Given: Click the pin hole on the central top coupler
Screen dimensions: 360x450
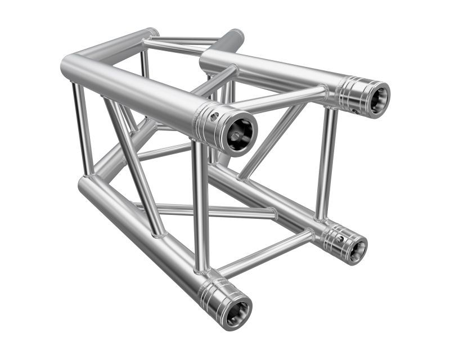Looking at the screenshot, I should coord(214,117).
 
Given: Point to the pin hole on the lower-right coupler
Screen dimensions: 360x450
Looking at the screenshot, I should coord(340,239).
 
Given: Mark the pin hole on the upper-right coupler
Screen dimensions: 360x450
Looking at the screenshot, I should coord(355,111).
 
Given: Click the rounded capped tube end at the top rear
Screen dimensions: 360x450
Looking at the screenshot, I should coord(236,37).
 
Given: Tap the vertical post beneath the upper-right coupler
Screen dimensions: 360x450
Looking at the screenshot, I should coord(325,163).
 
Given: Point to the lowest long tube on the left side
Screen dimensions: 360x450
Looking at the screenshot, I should coord(141,231).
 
